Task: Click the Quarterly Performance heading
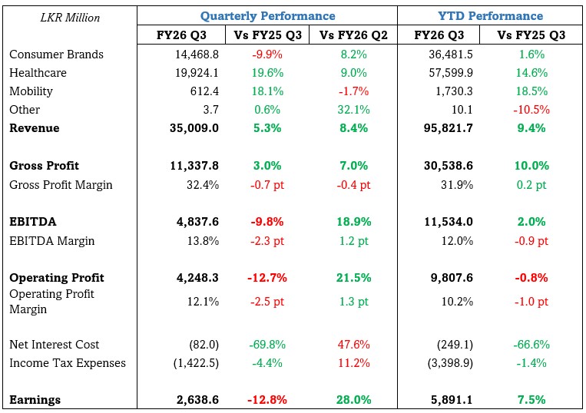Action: [x=267, y=15]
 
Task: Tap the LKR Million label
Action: [x=70, y=17]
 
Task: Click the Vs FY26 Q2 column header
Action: [x=353, y=35]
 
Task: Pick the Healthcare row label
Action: [x=38, y=73]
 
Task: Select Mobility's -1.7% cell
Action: [x=354, y=91]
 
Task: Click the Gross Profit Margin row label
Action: [x=61, y=184]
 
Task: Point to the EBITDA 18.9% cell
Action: [x=354, y=222]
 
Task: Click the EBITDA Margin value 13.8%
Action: [x=204, y=240]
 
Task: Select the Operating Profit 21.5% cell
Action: [x=354, y=278]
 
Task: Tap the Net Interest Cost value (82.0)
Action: [x=204, y=345]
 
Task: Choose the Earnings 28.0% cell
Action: [x=354, y=400]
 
